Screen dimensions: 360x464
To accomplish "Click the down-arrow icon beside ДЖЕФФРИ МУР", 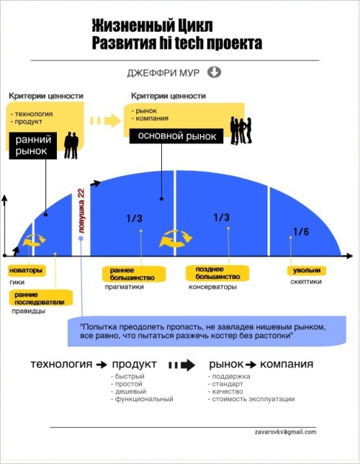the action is [x=214, y=72].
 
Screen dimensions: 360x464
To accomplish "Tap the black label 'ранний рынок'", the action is [x=33, y=146].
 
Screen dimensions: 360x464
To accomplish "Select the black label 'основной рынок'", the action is [x=176, y=136].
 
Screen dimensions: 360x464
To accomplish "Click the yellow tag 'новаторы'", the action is [x=27, y=270].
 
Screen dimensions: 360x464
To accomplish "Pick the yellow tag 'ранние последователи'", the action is [x=40, y=298].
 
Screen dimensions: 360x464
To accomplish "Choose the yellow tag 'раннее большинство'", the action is [x=134, y=274].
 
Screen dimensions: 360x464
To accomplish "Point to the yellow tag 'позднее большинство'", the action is [x=217, y=273].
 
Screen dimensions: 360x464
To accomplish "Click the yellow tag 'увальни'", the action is [x=307, y=270].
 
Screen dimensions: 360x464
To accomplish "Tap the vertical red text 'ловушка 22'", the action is [x=81, y=210].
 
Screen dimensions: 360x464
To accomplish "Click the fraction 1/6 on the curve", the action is [x=301, y=232].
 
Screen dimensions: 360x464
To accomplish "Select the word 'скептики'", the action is [x=306, y=282].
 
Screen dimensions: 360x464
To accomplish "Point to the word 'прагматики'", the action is [x=125, y=287].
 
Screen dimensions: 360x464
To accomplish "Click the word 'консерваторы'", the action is [x=212, y=287].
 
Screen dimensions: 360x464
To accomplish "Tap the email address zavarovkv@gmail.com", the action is [x=285, y=432].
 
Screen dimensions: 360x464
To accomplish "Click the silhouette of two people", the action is [x=71, y=146].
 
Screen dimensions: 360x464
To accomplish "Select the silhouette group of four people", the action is [x=241, y=130].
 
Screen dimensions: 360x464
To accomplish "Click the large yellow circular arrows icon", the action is [x=176, y=238].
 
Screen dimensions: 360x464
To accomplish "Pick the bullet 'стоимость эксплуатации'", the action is [x=251, y=399].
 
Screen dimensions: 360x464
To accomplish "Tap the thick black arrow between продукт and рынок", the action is [x=182, y=365].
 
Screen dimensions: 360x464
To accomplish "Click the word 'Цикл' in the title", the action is [x=195, y=26].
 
